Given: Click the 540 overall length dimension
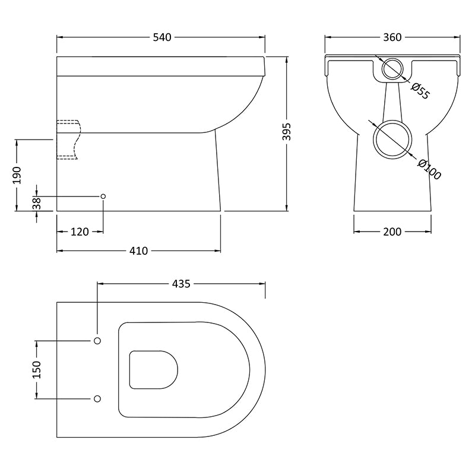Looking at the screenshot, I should point(162,37).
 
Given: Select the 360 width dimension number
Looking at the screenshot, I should point(392,37).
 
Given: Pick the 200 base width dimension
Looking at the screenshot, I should point(392,232).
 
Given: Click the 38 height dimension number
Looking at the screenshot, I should point(37,203).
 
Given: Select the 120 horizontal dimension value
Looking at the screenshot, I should point(80,232).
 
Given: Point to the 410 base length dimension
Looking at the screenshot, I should point(138,251).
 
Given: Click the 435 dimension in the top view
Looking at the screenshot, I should point(180,284).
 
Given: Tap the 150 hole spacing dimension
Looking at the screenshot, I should point(37,369).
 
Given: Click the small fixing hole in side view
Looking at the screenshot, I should point(103,196).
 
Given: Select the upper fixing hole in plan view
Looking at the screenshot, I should point(97,340).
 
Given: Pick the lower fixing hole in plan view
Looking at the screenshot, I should point(97,398).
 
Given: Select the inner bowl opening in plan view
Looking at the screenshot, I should point(154,369).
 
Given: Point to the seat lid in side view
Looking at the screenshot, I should point(160,66).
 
